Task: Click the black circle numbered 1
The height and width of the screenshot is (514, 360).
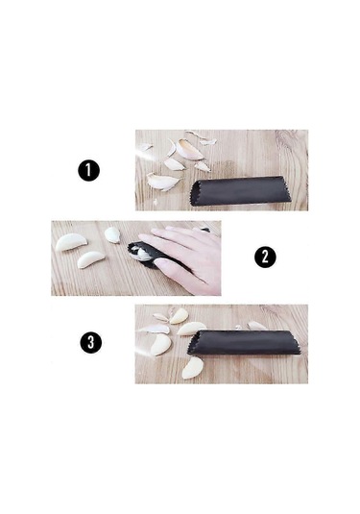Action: [88, 170]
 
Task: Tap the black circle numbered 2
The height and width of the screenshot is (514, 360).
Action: [265, 257]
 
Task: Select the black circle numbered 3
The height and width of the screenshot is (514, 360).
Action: [91, 342]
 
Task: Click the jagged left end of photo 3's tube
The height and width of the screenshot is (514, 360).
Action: [191, 343]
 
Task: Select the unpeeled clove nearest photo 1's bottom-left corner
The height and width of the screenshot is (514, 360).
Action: [163, 182]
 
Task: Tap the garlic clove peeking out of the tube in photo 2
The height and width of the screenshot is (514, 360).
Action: [141, 253]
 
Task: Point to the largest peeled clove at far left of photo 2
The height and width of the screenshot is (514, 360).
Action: [71, 242]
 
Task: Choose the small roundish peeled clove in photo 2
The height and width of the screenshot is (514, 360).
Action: [112, 234]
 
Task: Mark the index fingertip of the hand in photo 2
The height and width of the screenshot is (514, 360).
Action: [143, 237]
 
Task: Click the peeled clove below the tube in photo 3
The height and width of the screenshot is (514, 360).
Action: [192, 368]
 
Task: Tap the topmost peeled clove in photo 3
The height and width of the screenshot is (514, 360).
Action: [179, 316]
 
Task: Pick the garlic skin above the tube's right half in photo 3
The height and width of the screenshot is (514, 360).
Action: [257, 326]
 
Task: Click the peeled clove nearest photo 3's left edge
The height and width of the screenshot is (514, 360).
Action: [160, 344]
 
